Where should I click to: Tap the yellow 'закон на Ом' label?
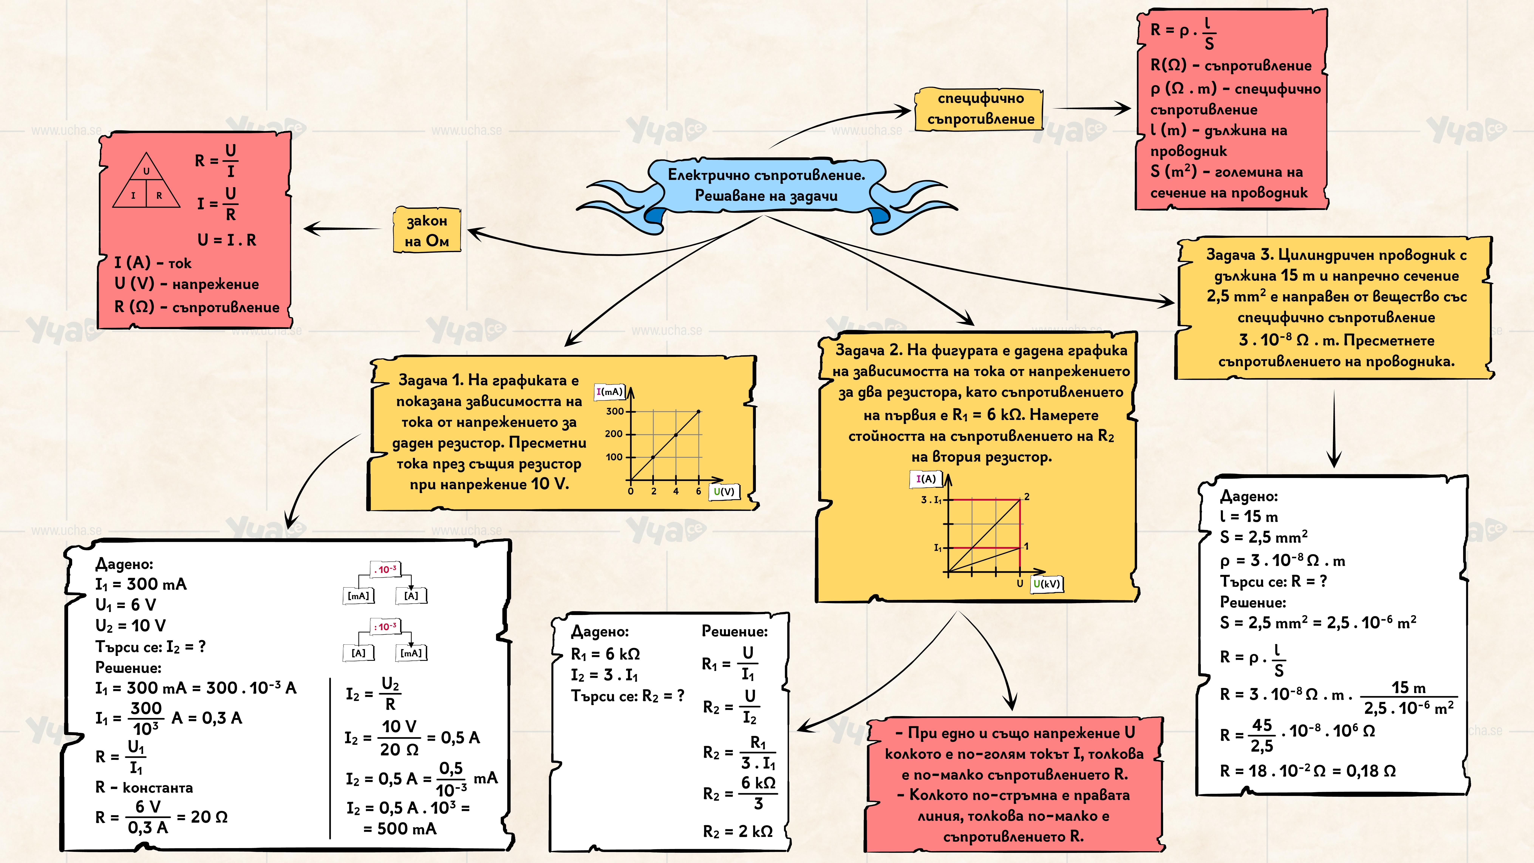pyautogui.click(x=426, y=230)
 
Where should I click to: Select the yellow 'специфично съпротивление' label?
pyautogui.click(x=980, y=108)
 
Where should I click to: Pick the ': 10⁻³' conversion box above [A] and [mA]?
pyautogui.click(x=385, y=626)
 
